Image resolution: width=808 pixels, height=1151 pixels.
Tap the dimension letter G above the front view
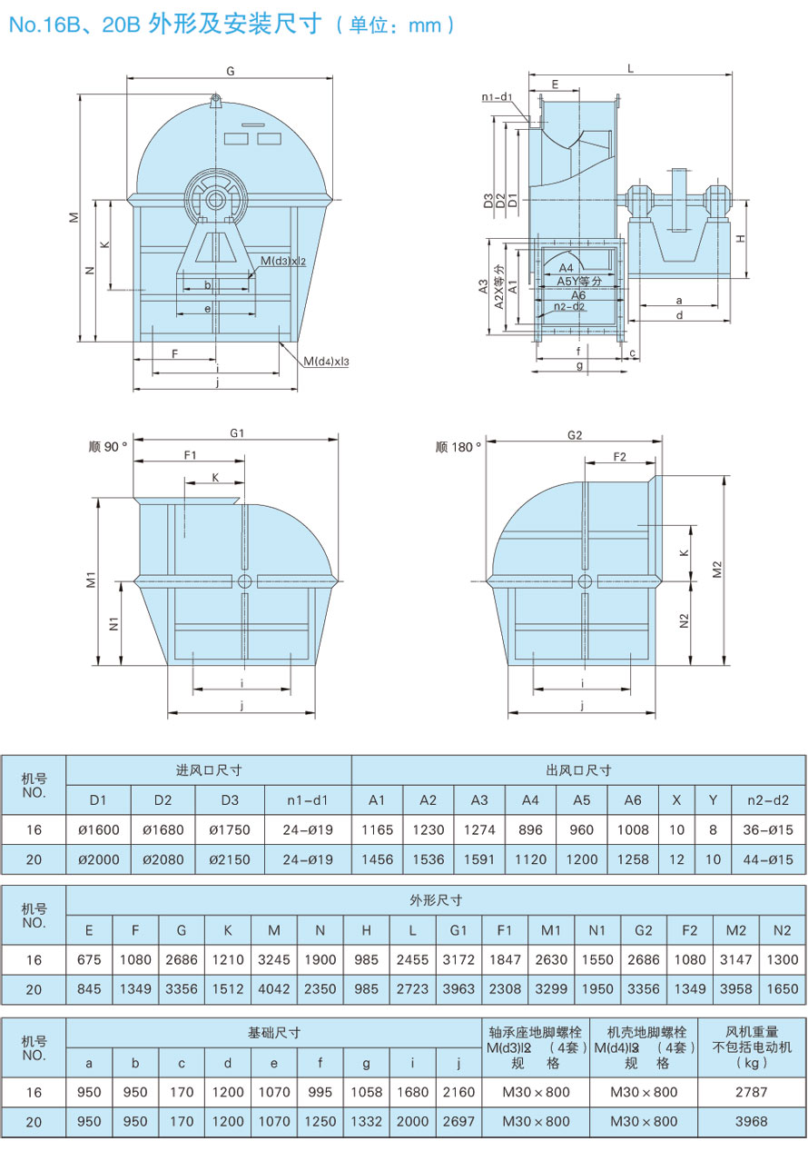click(231, 71)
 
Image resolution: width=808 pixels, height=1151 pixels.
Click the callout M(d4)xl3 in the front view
click(326, 362)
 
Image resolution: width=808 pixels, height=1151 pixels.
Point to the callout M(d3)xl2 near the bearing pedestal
click(282, 262)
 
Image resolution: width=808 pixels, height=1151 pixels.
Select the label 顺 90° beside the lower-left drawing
click(108, 447)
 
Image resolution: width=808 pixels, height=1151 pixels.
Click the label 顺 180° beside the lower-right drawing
click(458, 447)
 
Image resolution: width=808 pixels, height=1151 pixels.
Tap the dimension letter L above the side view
click(630, 68)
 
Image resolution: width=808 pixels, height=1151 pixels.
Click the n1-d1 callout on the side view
click(498, 96)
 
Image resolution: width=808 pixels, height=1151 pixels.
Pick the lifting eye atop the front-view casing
click(215, 101)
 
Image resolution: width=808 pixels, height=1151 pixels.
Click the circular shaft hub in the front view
click(215, 198)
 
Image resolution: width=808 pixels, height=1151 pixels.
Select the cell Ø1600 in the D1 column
click(98, 829)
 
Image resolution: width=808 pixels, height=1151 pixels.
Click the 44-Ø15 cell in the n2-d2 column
click(768, 859)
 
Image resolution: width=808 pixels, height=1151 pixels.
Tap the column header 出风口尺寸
click(578, 770)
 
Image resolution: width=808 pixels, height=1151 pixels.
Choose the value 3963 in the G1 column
click(458, 989)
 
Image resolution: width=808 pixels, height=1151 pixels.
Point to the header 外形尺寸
click(437, 900)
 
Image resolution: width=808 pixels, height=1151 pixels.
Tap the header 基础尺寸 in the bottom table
click(274, 1033)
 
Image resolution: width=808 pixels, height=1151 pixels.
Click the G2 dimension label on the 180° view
click(574, 435)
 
